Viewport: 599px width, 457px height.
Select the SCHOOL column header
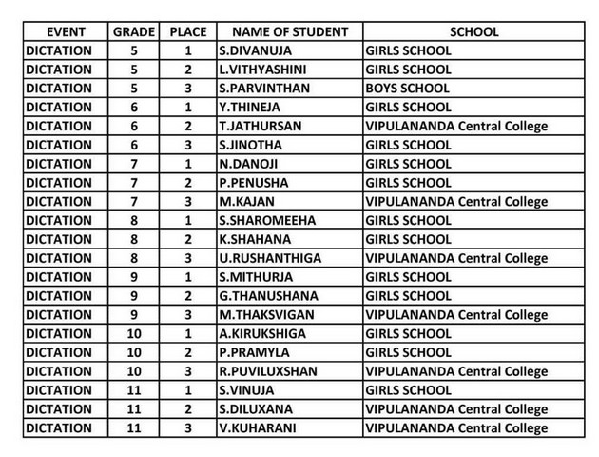click(x=473, y=31)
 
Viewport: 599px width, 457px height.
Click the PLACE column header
click(x=188, y=31)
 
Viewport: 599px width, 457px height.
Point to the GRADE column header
click(x=134, y=31)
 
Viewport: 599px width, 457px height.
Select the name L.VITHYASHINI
click(x=260, y=70)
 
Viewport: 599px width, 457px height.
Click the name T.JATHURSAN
click(x=254, y=126)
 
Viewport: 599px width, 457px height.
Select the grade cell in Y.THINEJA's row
click(x=134, y=108)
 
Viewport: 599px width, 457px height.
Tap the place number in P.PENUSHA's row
click(x=188, y=183)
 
